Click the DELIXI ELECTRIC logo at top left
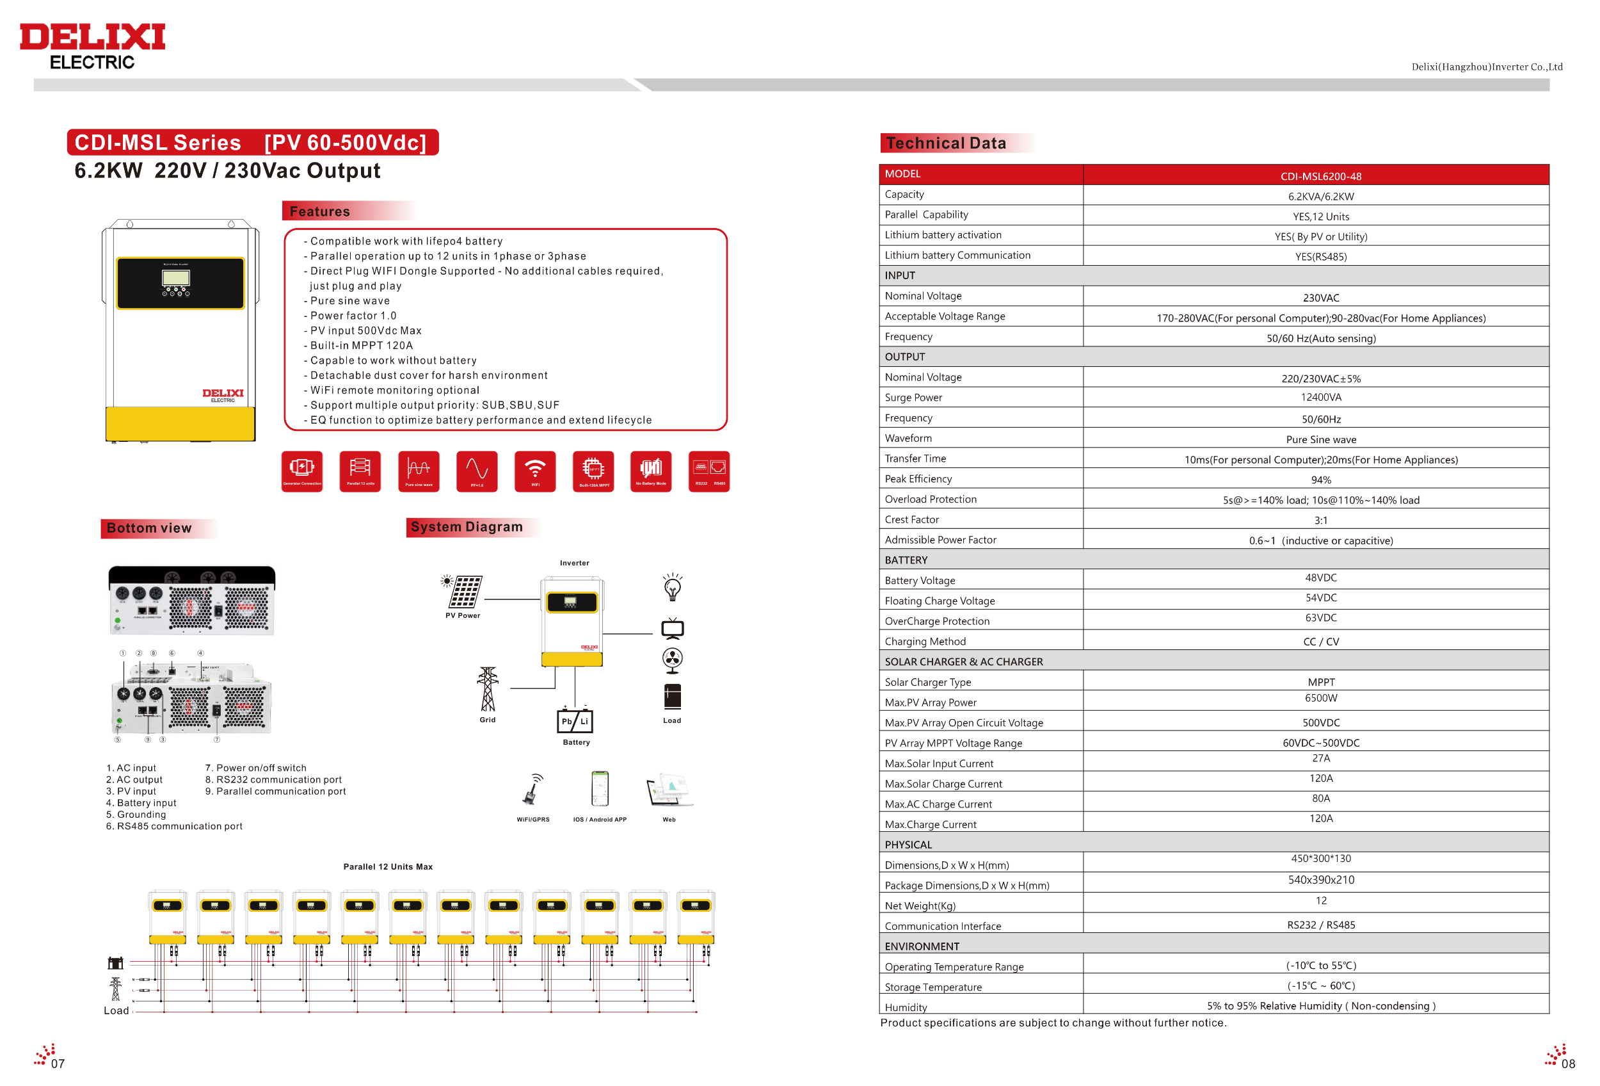click(x=92, y=45)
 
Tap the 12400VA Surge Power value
click(x=1320, y=398)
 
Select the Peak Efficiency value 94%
click(x=1320, y=480)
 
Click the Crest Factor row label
click(x=911, y=519)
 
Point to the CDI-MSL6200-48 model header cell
click(x=1320, y=175)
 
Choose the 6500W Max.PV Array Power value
click(x=1320, y=699)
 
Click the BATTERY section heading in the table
click(x=906, y=560)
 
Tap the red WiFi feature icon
click(x=535, y=471)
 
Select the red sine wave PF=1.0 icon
click(x=476, y=471)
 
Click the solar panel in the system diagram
click(x=465, y=592)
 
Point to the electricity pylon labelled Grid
click(x=488, y=688)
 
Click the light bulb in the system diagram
click(x=672, y=587)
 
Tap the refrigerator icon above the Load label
click(x=672, y=696)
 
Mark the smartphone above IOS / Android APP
click(x=600, y=788)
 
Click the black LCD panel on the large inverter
click(x=180, y=283)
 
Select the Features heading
click(x=319, y=211)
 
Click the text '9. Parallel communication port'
click(x=275, y=791)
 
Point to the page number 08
click(x=1567, y=1064)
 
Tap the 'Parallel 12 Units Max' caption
click(x=388, y=866)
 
